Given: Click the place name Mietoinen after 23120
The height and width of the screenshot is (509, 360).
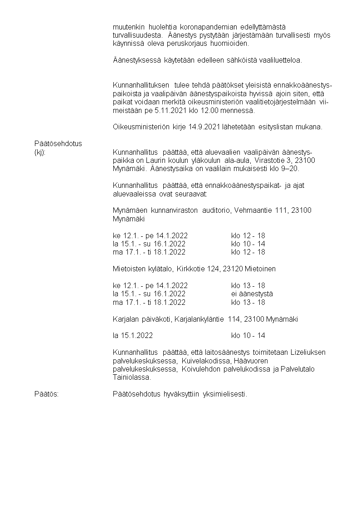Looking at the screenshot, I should (x=260, y=269).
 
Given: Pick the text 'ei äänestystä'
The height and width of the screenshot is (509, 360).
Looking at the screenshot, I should (x=252, y=294).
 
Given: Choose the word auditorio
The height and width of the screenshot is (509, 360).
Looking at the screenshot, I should (x=215, y=210).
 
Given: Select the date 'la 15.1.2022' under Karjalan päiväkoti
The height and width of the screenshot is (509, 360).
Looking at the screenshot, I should (x=132, y=336).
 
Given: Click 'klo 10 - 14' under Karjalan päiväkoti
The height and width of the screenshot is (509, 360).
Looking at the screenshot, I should (x=248, y=336).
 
